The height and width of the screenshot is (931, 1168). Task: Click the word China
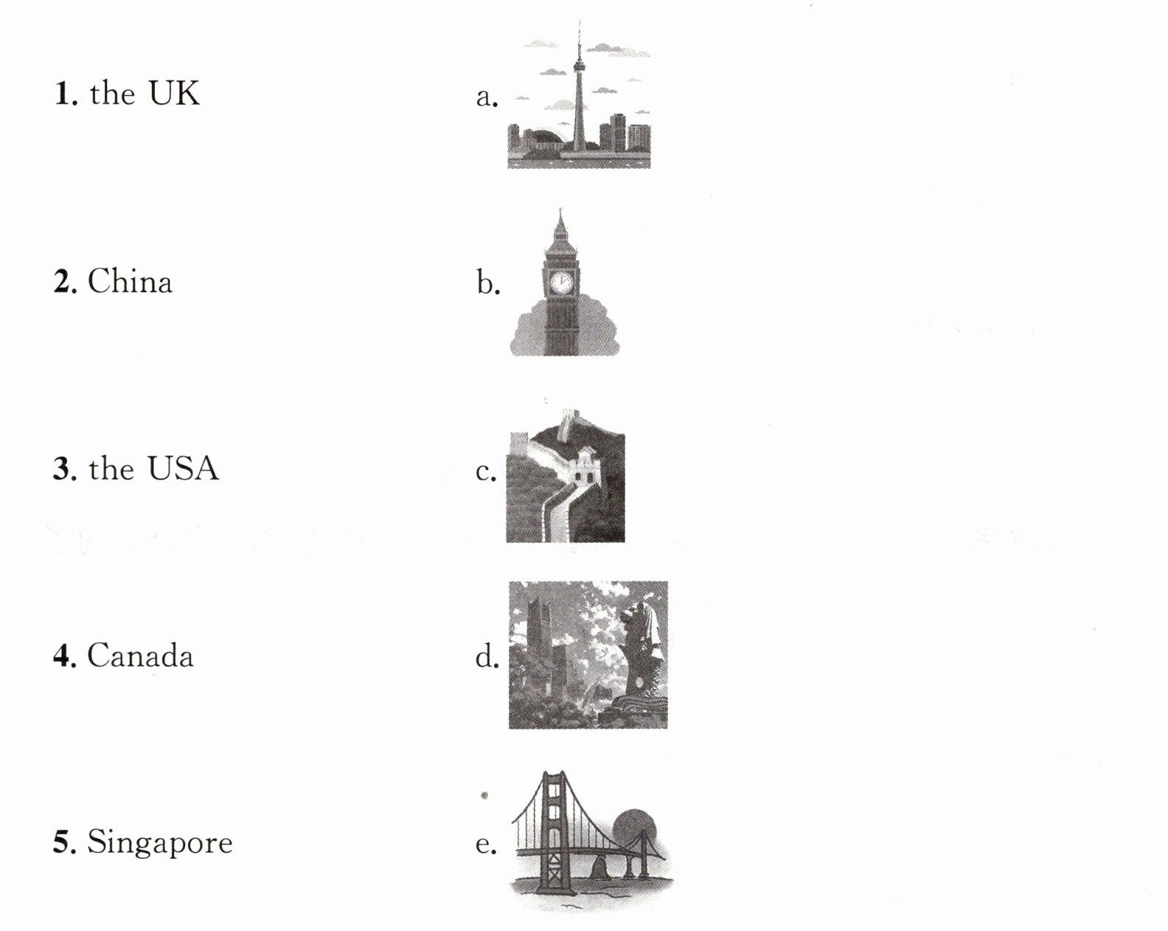[x=130, y=281]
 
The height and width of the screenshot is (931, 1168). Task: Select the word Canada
[x=140, y=655]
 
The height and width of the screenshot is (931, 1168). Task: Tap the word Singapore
[x=159, y=843]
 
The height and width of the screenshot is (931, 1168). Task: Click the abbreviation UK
[x=174, y=93]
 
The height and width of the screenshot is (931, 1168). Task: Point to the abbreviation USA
[x=183, y=468]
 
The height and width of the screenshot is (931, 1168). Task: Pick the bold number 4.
[x=65, y=656]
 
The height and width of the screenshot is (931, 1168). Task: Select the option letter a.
[x=487, y=98]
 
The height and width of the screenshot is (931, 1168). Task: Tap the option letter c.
[x=486, y=472]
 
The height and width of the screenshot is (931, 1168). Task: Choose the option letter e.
[x=486, y=845]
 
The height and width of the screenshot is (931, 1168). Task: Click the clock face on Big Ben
[x=560, y=282]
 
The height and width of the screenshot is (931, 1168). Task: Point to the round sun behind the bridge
[x=634, y=829]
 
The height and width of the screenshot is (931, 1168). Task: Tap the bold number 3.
[x=65, y=468]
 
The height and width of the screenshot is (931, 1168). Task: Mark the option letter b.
[x=488, y=283]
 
